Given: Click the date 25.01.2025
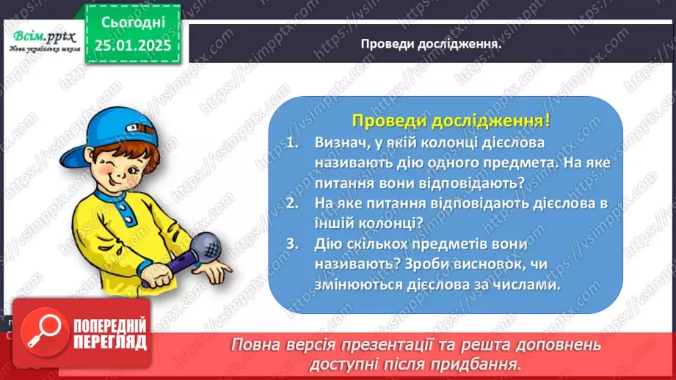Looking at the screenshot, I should pyautogui.click(x=132, y=45).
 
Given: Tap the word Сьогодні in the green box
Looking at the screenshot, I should pyautogui.click(x=132, y=22).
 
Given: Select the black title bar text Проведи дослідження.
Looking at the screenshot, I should pyautogui.click(x=431, y=43).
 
